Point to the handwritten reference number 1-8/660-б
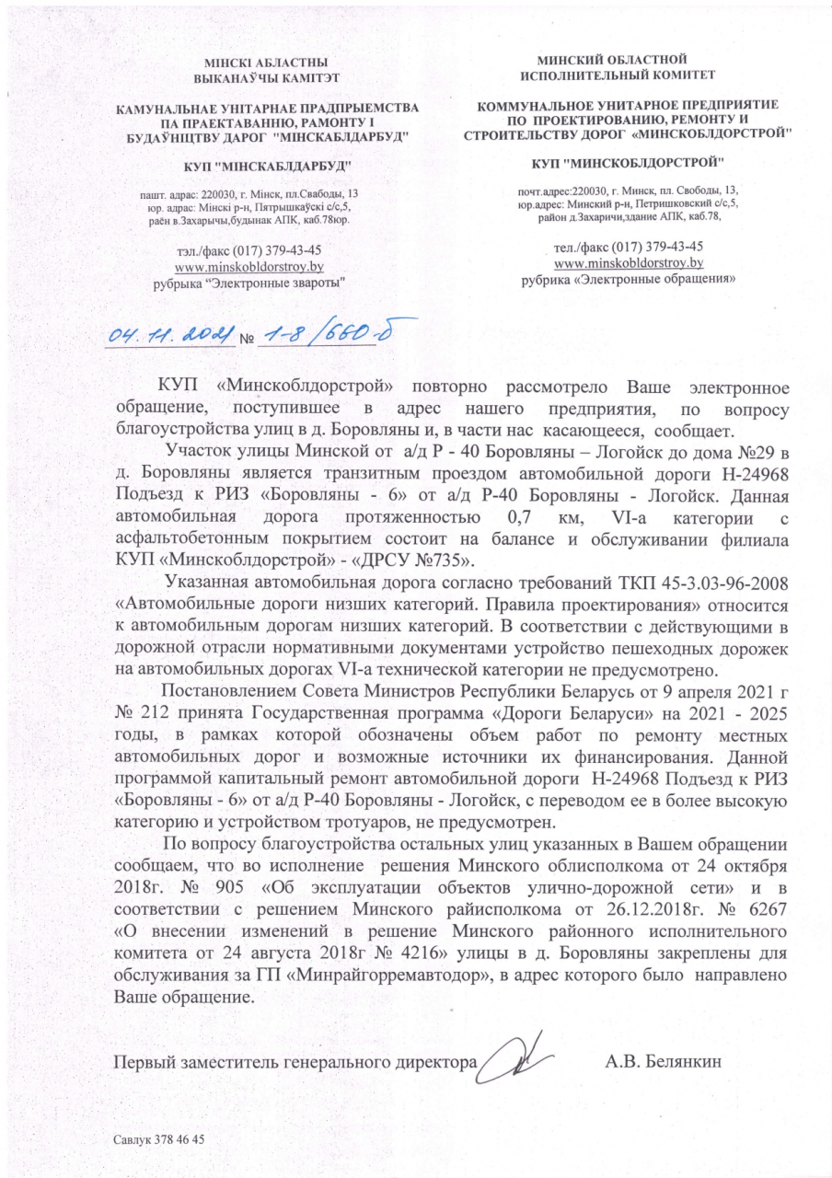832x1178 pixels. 326,336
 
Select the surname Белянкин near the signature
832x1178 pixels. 680,1061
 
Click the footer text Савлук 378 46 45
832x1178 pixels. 157,1139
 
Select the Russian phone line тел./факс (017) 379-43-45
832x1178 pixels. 630,247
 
